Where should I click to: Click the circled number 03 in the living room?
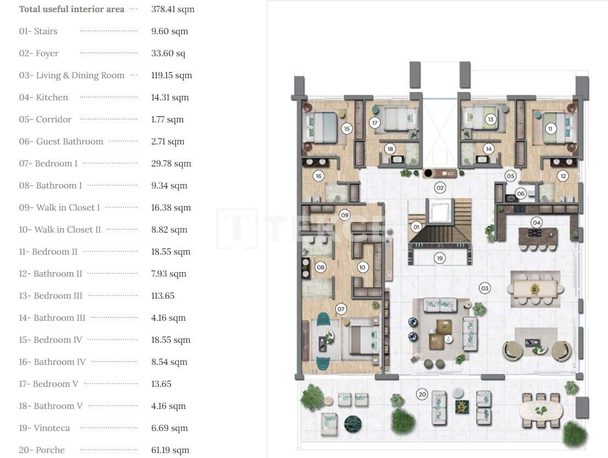point(485,288)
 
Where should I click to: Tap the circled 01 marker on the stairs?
point(416,227)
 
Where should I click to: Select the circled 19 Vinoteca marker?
point(439,258)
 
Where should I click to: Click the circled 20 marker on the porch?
point(422,394)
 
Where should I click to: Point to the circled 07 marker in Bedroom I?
point(341,309)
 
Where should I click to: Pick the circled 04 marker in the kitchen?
point(536,222)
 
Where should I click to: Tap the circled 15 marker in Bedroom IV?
point(346,129)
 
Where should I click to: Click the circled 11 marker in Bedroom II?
point(550,129)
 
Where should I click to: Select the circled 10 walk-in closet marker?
point(362,267)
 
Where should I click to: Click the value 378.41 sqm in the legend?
point(173,9)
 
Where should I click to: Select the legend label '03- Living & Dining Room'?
point(72,76)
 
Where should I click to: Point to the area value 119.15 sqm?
point(171,76)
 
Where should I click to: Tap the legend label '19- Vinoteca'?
point(44,428)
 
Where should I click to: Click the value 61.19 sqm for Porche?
point(170,450)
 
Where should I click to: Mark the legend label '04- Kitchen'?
point(44,98)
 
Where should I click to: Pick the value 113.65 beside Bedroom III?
point(163,296)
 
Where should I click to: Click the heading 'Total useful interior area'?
point(72,9)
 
